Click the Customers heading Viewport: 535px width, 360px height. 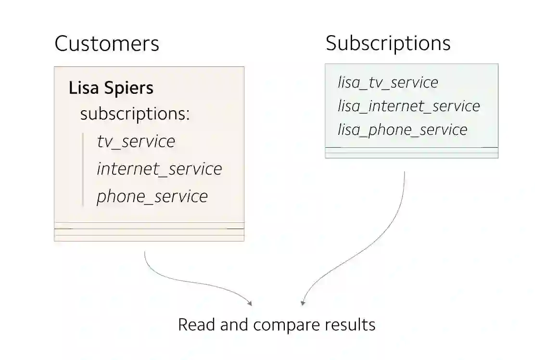(106, 43)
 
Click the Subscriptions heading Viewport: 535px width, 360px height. (388, 43)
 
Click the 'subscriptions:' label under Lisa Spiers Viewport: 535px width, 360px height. (135, 114)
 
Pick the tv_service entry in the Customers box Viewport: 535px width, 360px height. (136, 141)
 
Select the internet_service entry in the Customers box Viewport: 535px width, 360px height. (159, 169)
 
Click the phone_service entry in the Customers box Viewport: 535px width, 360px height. (152, 196)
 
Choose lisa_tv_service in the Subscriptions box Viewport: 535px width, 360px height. (388, 82)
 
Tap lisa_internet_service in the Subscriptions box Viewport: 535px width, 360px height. (408, 106)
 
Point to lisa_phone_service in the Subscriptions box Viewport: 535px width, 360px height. (402, 129)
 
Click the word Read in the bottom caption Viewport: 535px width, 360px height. (197, 324)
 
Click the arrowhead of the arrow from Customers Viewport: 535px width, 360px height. (249, 303)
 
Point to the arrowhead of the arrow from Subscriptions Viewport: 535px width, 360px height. (303, 303)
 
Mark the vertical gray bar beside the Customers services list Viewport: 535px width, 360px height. (83, 169)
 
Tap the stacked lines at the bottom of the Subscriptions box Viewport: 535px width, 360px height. (411, 152)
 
